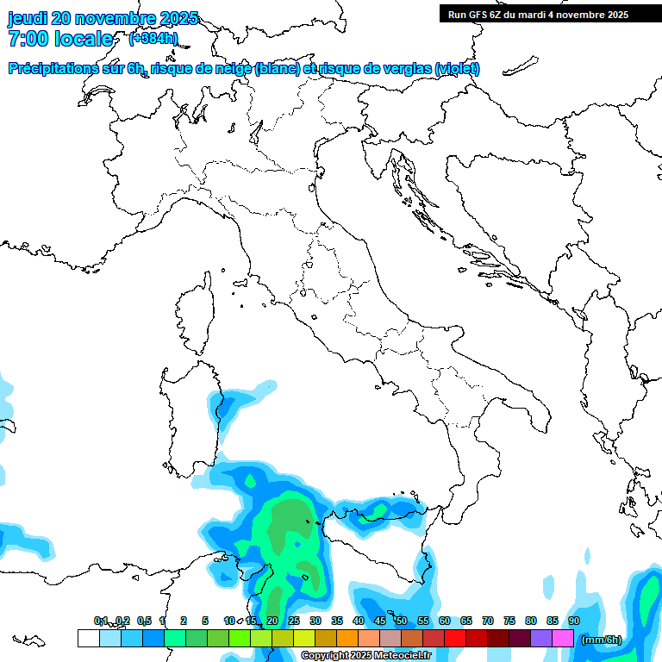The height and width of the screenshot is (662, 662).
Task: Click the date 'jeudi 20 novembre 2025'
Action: (103, 18)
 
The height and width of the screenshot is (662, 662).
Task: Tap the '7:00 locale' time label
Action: (60, 39)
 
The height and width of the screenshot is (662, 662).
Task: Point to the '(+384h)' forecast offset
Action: (153, 39)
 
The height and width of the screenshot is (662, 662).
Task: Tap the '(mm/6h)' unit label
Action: (602, 639)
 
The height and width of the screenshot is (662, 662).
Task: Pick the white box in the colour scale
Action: (88, 638)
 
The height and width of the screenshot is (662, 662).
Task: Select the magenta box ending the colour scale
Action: (563, 638)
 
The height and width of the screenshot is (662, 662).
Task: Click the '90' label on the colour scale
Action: (574, 621)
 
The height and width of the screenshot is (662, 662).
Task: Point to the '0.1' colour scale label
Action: (101, 621)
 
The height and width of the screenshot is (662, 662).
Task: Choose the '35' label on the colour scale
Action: (337, 621)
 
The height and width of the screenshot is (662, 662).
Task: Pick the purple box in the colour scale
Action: (541, 638)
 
